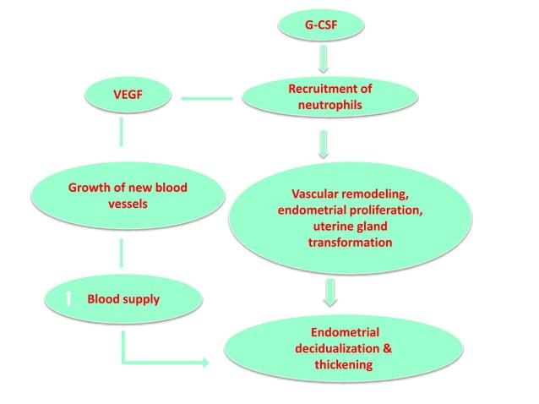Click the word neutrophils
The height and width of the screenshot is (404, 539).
[x=329, y=105]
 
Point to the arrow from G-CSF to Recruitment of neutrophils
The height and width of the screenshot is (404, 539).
[x=322, y=57]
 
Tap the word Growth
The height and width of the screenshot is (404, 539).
[x=90, y=186]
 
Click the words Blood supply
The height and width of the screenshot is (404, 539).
[x=123, y=298]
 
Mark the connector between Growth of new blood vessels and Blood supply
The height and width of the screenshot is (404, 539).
[x=123, y=251]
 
